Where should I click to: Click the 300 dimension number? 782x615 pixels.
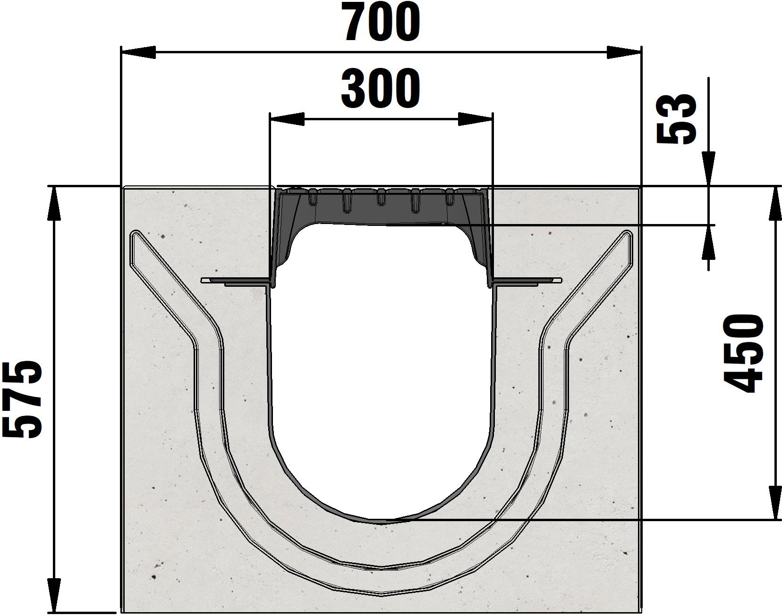pyautogui.click(x=380, y=89)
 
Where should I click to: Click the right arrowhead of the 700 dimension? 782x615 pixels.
pyautogui.click(x=624, y=52)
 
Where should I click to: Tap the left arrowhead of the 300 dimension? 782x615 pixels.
pyautogui.click(x=287, y=119)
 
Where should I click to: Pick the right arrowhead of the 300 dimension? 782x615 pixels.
pyautogui.click(x=475, y=119)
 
